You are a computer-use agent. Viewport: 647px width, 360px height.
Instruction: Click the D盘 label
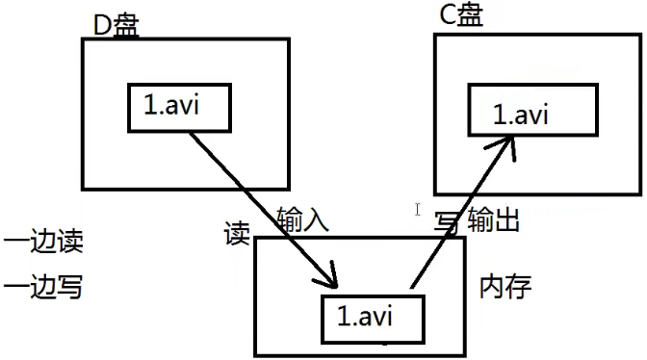[x=116, y=26]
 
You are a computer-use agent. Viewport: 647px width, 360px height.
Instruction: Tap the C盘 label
[x=461, y=15]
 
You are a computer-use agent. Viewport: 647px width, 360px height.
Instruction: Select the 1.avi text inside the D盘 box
[x=171, y=105]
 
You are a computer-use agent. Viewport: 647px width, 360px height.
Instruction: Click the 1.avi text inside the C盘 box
[x=521, y=115]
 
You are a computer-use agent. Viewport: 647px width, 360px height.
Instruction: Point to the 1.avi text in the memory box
[x=364, y=317]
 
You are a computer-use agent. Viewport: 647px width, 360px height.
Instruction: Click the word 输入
[x=303, y=219]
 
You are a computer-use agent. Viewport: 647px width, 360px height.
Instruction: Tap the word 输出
[x=494, y=219]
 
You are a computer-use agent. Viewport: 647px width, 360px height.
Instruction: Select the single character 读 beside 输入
[x=237, y=233]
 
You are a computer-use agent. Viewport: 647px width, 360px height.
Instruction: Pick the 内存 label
[x=505, y=287]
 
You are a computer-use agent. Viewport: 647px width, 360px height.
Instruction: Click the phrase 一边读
[x=43, y=241]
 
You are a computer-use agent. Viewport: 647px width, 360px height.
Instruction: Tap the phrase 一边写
[x=43, y=286]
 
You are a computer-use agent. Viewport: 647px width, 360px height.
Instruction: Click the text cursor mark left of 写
[x=418, y=209]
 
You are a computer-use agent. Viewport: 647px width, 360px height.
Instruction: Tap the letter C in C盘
[x=449, y=15]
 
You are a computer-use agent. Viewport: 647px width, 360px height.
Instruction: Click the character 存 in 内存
[x=519, y=287]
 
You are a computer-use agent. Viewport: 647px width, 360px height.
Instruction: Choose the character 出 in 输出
[x=506, y=219]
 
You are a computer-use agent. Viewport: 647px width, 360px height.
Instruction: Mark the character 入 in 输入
[x=316, y=219]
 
